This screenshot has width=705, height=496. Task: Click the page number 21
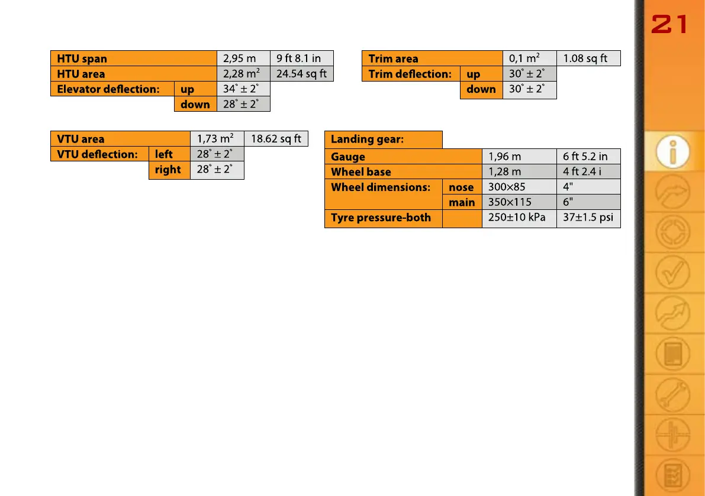[x=669, y=25]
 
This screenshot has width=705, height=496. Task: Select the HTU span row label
[x=82, y=59]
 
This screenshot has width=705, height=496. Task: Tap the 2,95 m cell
[x=239, y=59]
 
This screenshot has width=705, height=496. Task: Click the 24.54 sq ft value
[x=301, y=74]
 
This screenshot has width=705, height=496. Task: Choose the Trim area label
[x=393, y=59]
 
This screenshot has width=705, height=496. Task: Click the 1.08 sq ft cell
[x=585, y=59]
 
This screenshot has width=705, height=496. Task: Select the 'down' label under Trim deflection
[x=481, y=89]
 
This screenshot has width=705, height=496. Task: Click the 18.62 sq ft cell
[x=276, y=139]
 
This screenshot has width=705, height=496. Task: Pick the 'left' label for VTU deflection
[x=164, y=154]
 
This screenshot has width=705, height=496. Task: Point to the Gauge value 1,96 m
[x=504, y=157]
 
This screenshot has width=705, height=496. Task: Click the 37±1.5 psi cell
[x=588, y=218]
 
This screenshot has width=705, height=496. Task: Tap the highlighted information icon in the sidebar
[x=672, y=152]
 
